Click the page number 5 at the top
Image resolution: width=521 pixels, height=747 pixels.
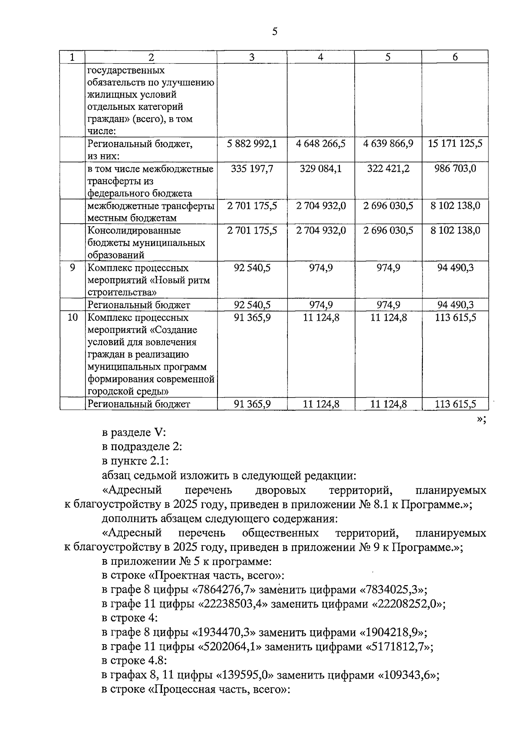pyautogui.click(x=274, y=32)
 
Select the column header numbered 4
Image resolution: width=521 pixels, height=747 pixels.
pyautogui.click(x=320, y=57)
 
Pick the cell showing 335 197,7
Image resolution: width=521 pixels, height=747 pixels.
pyautogui.click(x=252, y=169)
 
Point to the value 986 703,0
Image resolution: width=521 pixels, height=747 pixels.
pyautogui.click(x=455, y=169)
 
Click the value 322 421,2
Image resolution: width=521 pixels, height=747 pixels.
pyautogui.click(x=388, y=169)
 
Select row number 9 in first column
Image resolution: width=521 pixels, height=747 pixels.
pyautogui.click(x=72, y=268)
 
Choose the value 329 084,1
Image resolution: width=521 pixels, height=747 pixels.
pyautogui.click(x=320, y=169)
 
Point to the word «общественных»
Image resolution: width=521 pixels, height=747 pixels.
pyautogui.click(x=280, y=533)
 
